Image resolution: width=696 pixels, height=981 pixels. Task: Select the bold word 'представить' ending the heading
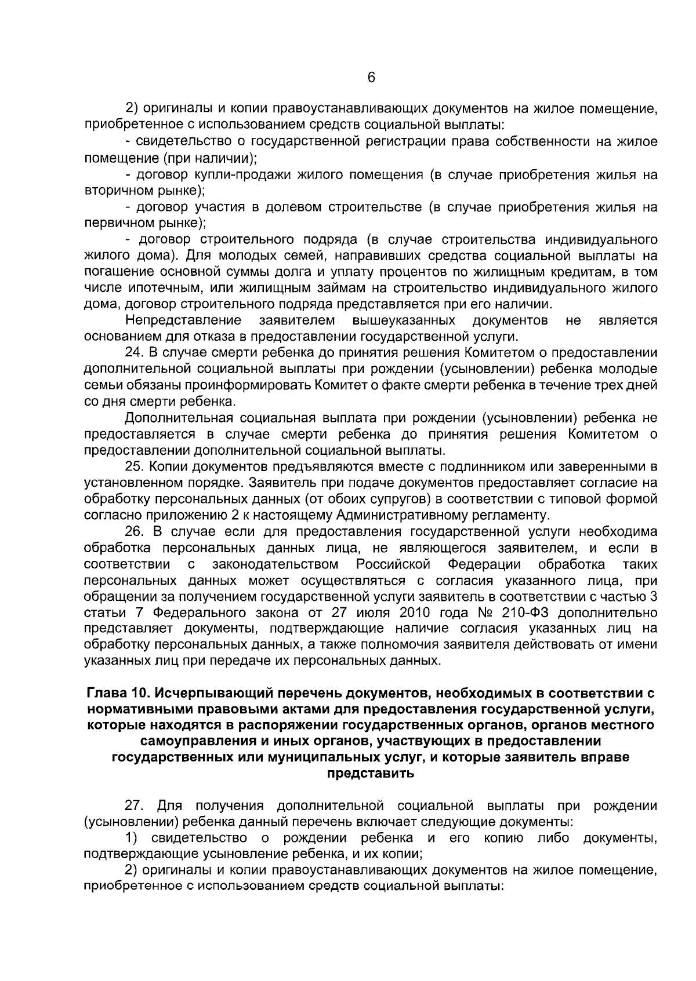click(371, 774)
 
